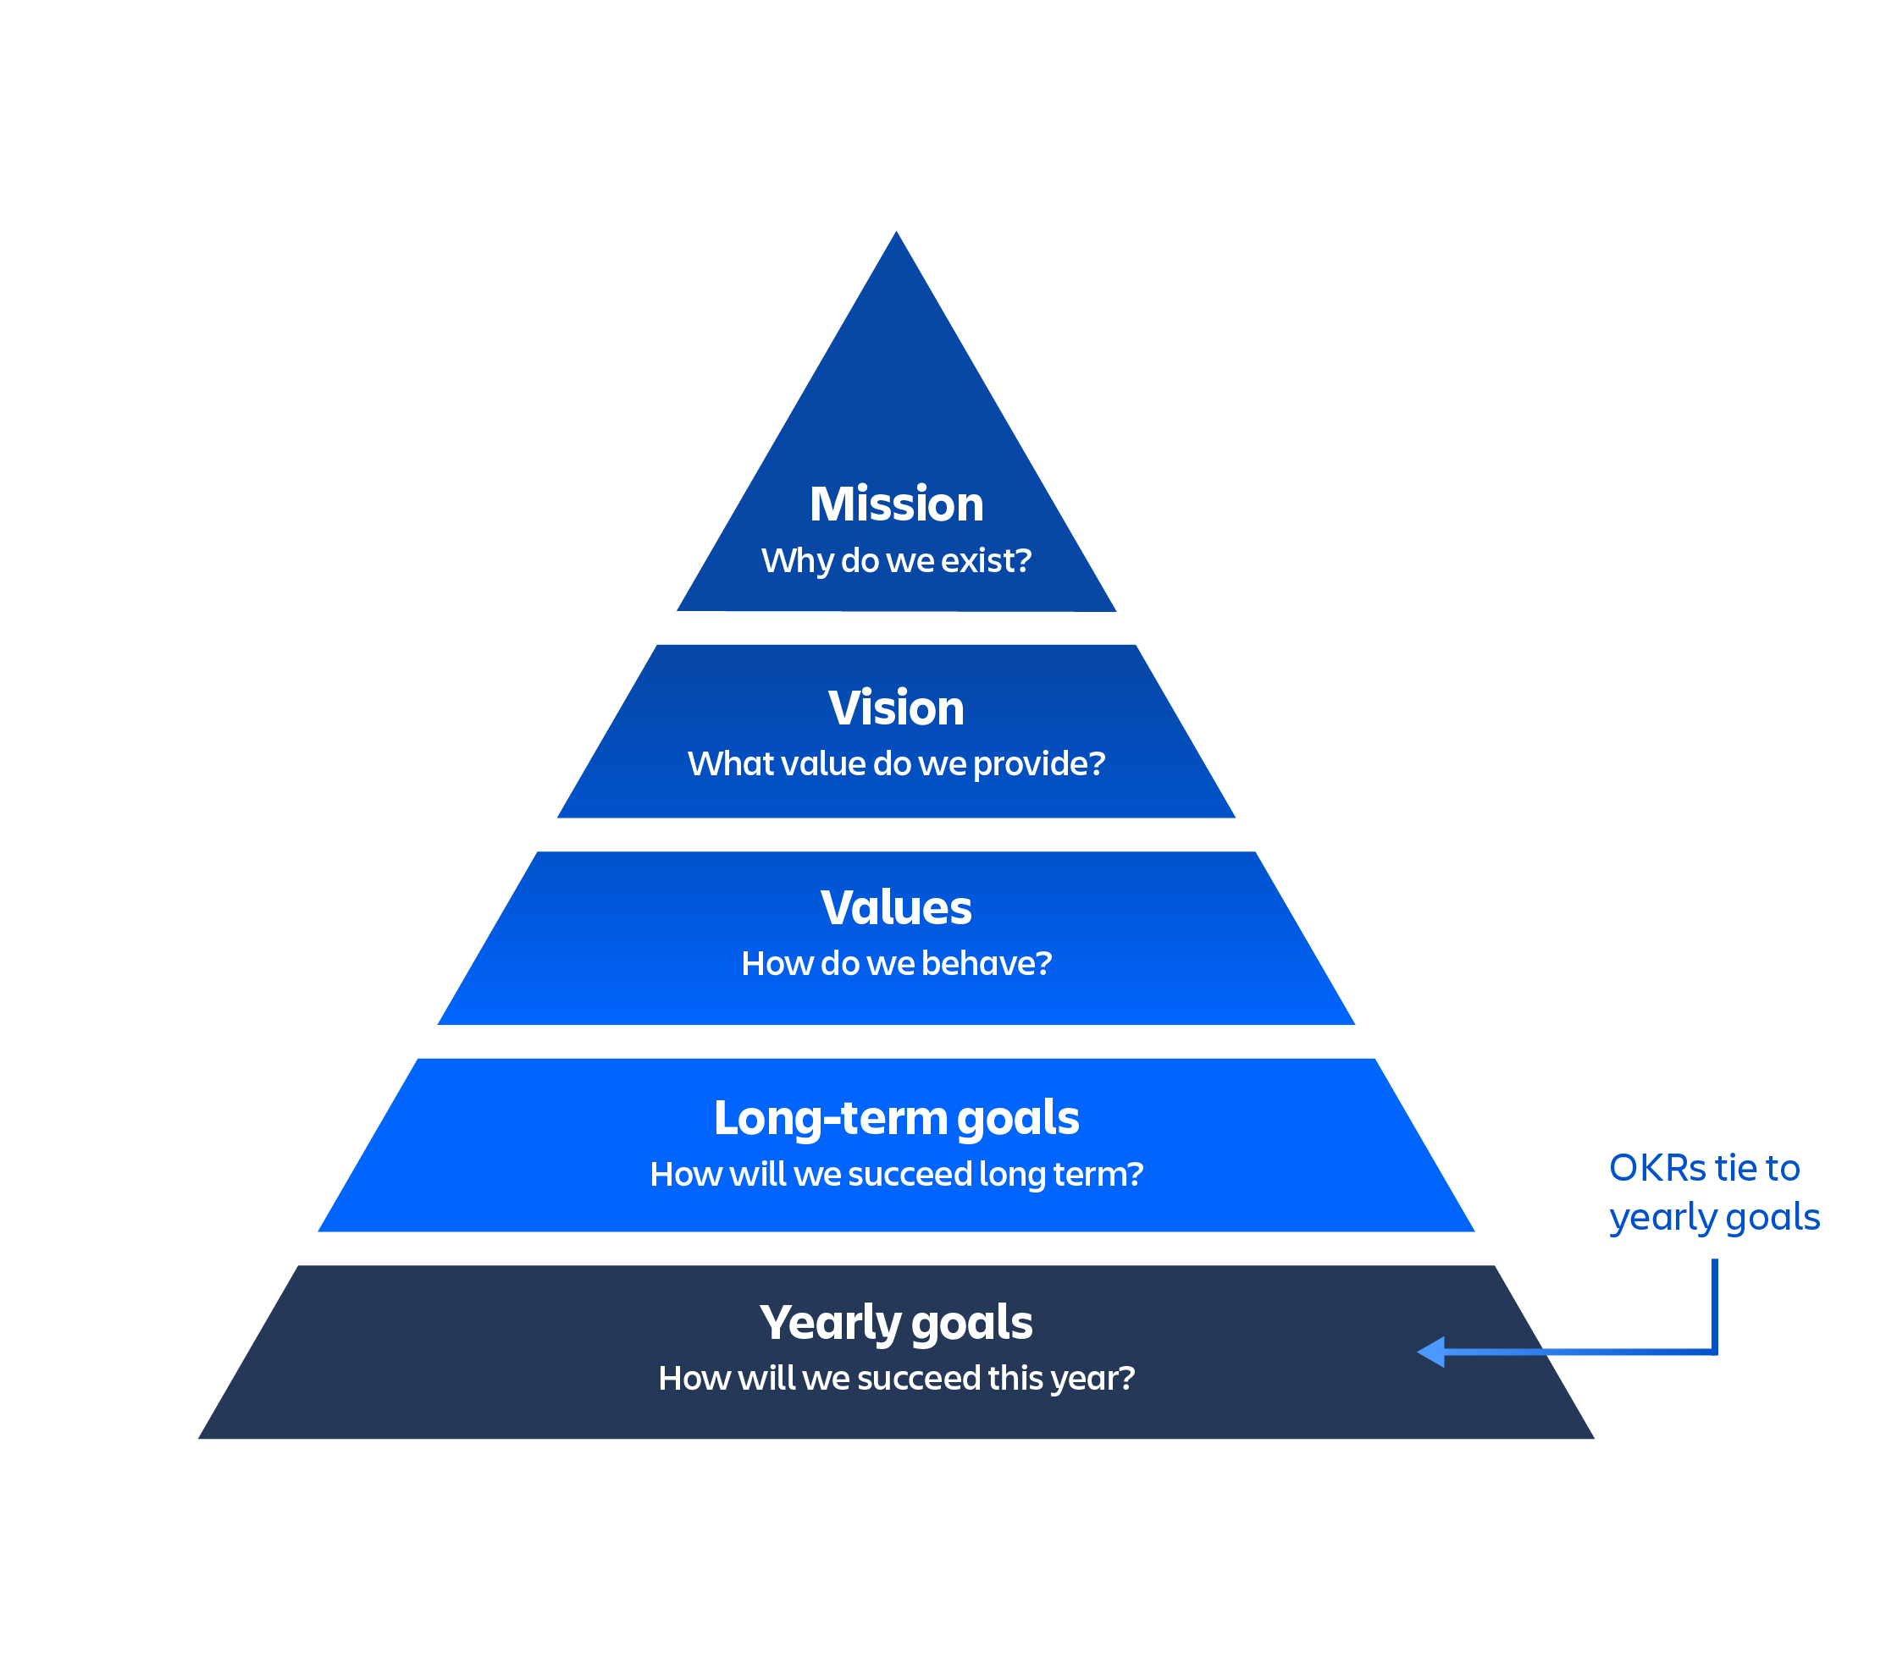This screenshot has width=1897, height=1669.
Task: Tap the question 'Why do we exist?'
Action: pyautogui.click(x=896, y=560)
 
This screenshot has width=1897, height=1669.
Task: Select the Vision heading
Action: pyautogui.click(x=896, y=708)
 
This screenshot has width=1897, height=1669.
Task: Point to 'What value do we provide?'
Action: pyautogui.click(x=896, y=763)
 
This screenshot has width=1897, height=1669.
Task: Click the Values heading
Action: pyautogui.click(x=896, y=907)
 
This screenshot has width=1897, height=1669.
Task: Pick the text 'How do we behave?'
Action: pyautogui.click(x=896, y=963)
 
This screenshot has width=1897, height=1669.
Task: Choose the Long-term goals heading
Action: pyautogui.click(x=896, y=1118)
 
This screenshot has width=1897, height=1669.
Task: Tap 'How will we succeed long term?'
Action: pyautogui.click(x=896, y=1174)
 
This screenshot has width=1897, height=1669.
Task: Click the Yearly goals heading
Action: pyautogui.click(x=896, y=1322)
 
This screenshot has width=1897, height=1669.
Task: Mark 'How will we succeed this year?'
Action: pyautogui.click(x=896, y=1378)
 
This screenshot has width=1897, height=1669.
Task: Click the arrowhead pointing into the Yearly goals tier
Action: pyautogui.click(x=1432, y=1352)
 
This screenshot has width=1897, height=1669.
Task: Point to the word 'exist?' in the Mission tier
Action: pyautogui.click(x=986, y=560)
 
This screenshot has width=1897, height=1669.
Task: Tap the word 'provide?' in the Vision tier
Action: pyautogui.click(x=1038, y=763)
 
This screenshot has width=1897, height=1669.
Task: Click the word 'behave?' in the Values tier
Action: pyautogui.click(x=987, y=963)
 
